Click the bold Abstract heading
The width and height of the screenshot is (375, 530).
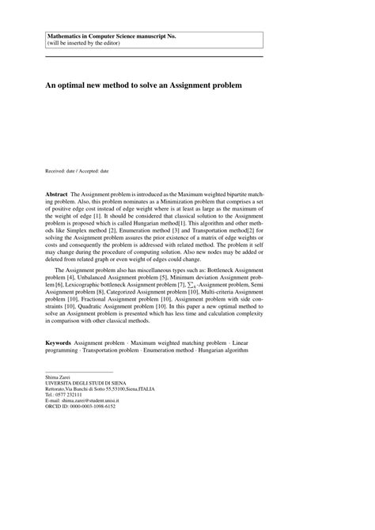(x=57, y=194)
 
